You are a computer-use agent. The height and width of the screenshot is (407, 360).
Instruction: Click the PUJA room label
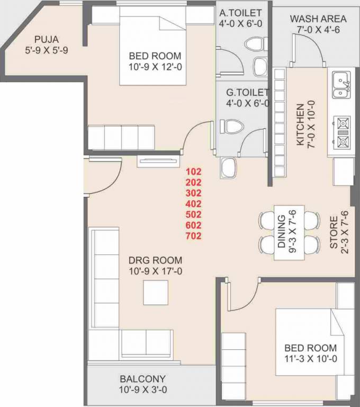(47, 39)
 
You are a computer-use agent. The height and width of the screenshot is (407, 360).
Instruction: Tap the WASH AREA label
(318, 19)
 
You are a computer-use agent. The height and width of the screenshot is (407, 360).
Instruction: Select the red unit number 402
(193, 203)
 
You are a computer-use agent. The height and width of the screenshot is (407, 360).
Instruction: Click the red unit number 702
(193, 236)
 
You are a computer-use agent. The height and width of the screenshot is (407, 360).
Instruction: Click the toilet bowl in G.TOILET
(232, 127)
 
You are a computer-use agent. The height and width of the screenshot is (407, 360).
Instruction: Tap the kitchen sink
(341, 85)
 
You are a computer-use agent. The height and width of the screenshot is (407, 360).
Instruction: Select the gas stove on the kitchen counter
(342, 132)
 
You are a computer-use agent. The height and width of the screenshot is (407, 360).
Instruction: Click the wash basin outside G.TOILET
(229, 167)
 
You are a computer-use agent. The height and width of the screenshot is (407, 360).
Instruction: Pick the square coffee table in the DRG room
(156, 293)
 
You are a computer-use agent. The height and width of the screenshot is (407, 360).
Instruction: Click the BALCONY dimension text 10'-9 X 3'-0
(143, 390)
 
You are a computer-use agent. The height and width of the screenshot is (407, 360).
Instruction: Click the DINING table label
(282, 232)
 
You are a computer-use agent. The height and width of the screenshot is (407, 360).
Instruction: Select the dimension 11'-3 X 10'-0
(311, 359)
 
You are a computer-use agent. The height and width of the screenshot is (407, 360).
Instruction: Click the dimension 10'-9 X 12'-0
(155, 67)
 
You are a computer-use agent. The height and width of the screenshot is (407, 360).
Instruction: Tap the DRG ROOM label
(155, 260)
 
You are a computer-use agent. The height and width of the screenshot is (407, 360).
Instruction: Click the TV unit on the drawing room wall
(158, 161)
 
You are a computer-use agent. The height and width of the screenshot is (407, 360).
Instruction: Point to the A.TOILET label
(240, 13)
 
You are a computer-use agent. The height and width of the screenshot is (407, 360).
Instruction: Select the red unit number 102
(193, 172)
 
